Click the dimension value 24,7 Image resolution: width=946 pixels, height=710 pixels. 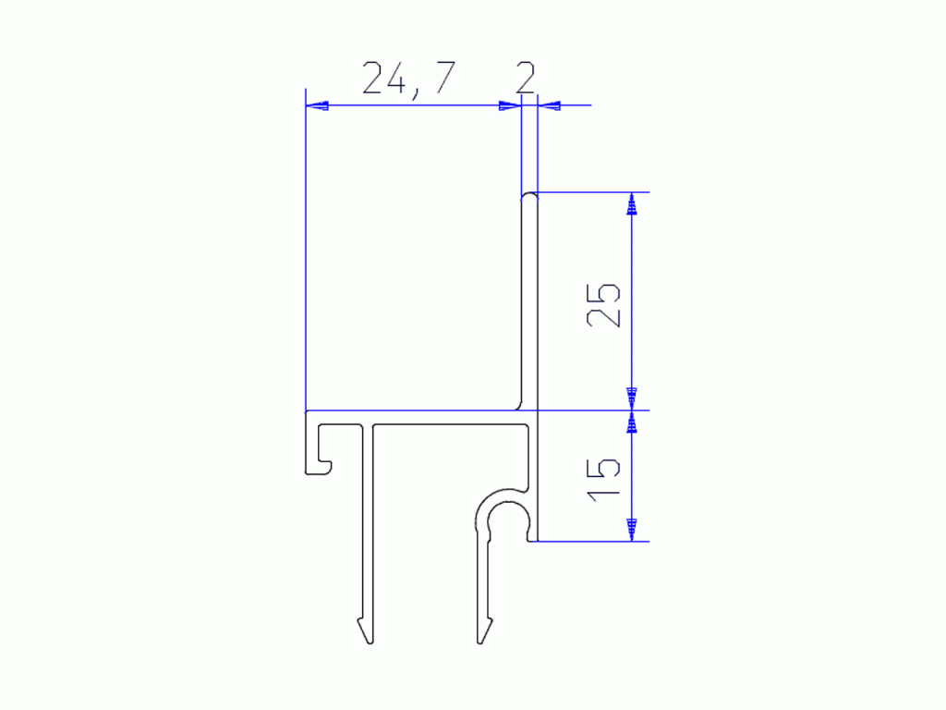click(x=408, y=79)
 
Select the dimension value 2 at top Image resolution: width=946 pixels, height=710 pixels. click(x=526, y=78)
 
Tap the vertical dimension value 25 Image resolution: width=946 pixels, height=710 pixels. click(x=603, y=305)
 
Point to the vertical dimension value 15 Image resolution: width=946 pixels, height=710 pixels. click(x=603, y=480)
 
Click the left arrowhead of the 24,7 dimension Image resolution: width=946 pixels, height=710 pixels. click(x=317, y=105)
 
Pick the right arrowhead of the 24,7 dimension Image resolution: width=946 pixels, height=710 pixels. click(x=510, y=105)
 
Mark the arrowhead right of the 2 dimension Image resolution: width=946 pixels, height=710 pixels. click(x=549, y=105)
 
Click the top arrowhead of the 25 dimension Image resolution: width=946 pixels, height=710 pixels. click(x=632, y=203)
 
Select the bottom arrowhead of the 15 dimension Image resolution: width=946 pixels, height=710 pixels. click(x=632, y=530)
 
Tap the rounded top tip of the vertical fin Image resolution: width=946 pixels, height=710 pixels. click(x=529, y=194)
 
